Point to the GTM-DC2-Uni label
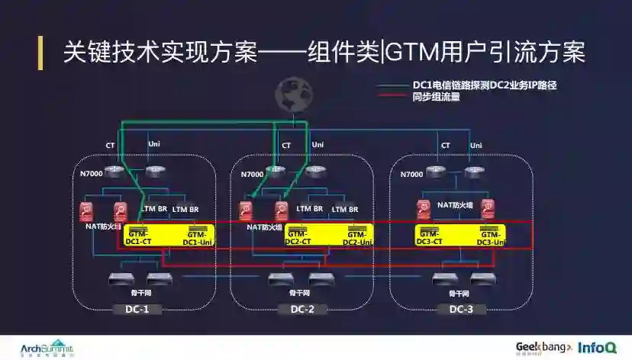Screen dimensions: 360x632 coord(356,238)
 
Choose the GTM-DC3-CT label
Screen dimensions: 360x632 coord(430,237)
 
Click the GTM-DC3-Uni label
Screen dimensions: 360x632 coord(490,238)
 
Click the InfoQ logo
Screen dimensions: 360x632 coord(597,347)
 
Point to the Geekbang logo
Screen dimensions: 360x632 coord(544,347)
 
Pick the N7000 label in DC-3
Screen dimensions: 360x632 coord(411,174)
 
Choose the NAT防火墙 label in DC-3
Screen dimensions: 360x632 coord(456,205)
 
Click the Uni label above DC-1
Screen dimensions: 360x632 coord(154,144)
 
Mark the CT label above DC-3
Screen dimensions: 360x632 coord(445,144)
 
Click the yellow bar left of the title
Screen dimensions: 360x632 coord(40,52)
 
